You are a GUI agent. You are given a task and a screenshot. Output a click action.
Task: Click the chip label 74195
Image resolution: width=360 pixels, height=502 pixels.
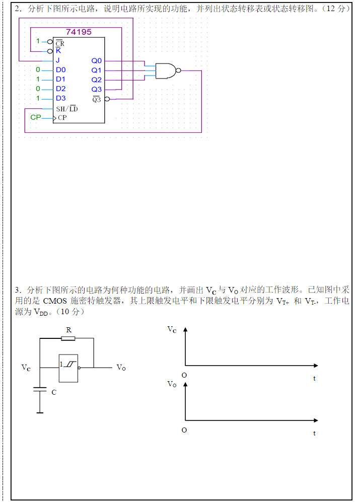click(79, 32)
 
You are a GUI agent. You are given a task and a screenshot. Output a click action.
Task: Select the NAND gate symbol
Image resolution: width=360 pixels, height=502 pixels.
click(167, 70)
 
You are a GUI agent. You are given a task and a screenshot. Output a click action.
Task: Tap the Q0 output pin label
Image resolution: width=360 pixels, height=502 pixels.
click(96, 60)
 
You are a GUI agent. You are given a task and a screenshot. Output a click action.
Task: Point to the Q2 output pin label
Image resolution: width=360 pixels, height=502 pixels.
click(96, 80)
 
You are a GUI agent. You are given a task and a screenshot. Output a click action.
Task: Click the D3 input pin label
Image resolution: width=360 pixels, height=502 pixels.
click(60, 98)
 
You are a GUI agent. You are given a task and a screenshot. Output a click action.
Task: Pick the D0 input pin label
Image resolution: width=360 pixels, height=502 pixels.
click(60, 69)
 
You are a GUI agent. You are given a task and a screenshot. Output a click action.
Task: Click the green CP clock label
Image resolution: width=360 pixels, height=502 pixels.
click(35, 117)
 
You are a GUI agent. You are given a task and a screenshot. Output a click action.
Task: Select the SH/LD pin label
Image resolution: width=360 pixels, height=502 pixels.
click(67, 109)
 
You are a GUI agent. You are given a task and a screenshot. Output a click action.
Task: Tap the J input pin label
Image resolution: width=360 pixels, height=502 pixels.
click(58, 60)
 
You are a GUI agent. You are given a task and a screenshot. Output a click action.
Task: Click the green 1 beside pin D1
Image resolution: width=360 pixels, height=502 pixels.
click(38, 79)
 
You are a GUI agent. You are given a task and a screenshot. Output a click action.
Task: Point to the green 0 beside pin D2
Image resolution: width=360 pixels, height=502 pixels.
click(38, 89)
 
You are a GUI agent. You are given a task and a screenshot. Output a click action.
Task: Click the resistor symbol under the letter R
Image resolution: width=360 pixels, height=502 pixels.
click(68, 339)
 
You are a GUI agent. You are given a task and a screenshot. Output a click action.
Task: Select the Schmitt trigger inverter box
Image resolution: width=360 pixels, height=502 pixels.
click(68, 368)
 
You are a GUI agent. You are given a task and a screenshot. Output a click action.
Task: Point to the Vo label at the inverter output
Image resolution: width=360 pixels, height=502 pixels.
click(121, 368)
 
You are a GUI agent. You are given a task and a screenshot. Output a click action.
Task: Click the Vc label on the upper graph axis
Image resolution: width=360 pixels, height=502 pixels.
click(172, 330)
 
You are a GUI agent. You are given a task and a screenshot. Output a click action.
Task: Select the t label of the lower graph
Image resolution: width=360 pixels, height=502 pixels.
click(315, 433)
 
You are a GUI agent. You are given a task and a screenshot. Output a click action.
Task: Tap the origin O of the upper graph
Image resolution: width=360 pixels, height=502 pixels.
click(184, 375)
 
